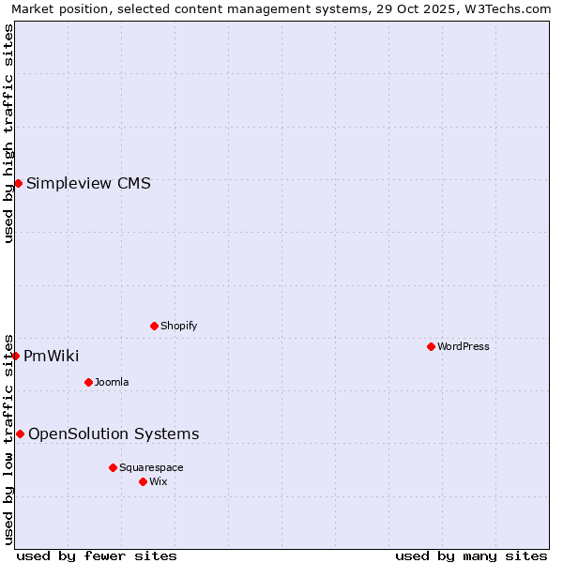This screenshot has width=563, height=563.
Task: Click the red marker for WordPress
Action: pos(431,347)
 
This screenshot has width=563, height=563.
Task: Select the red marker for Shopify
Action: pos(155,326)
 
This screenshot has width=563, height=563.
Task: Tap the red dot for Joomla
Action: pos(89,382)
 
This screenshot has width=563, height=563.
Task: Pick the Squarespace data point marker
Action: pos(114,467)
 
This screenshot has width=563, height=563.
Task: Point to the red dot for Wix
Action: pos(144,481)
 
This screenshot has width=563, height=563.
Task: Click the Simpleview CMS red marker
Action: pos(18,183)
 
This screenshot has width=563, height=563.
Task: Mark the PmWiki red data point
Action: pos(16,356)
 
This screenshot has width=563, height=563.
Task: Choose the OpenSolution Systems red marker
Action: pos(21,434)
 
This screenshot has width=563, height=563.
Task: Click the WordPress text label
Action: pos(464,347)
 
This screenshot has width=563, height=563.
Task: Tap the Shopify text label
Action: pos(179,327)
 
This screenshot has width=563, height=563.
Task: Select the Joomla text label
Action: pos(112,383)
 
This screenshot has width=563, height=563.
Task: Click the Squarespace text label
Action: pos(151,468)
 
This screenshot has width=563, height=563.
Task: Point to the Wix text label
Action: pos(159,482)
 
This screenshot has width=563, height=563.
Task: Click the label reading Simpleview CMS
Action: pos(88,184)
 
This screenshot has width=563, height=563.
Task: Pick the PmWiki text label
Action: pos(52,357)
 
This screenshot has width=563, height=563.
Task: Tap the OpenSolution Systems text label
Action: pos(114,434)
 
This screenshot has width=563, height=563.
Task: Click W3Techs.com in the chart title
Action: pos(510,9)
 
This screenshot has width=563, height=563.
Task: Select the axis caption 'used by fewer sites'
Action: pos(97,555)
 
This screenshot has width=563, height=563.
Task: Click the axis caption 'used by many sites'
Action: pos(471,555)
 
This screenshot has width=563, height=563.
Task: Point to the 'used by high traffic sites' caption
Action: pos(9,133)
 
